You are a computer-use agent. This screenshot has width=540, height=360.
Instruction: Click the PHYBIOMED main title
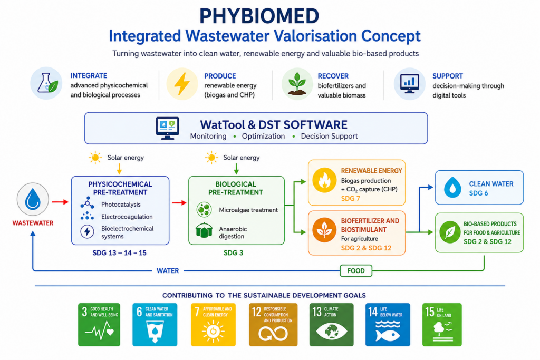pos(259,16)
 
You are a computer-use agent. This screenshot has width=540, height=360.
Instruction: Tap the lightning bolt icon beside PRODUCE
pos(182,84)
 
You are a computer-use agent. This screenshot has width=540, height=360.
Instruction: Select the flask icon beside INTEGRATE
pos(46,83)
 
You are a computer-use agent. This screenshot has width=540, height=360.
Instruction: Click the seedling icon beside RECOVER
pos(297,84)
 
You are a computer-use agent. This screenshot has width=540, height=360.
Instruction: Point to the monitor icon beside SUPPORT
pos(409,84)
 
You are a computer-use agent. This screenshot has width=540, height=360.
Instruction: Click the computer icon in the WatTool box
pos(167,128)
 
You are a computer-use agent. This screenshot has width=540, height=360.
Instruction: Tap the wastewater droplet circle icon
pos(33,200)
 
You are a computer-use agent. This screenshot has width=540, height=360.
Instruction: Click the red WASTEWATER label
pos(33,223)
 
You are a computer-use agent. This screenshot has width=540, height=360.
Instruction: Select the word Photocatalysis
pos(121,205)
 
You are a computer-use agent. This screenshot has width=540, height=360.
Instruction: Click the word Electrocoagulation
pos(127,217)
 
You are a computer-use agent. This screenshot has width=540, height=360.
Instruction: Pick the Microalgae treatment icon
pos(204,210)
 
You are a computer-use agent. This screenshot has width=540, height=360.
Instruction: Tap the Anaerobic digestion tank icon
pos(204,230)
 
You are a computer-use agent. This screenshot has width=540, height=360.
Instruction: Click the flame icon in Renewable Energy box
pos(324,180)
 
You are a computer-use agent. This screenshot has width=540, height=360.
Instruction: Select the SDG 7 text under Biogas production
pos(350,199)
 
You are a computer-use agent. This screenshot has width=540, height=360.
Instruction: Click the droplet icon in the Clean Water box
pos(452,187)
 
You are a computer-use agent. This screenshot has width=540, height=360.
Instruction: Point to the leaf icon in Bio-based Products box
pos(449,232)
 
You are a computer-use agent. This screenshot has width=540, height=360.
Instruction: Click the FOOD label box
pos(356,271)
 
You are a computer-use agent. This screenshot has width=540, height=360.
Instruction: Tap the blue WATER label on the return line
pos(168,271)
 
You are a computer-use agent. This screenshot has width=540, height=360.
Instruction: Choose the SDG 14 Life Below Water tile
pos(388,325)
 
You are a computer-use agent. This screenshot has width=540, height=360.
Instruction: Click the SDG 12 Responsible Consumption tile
pos(273,325)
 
